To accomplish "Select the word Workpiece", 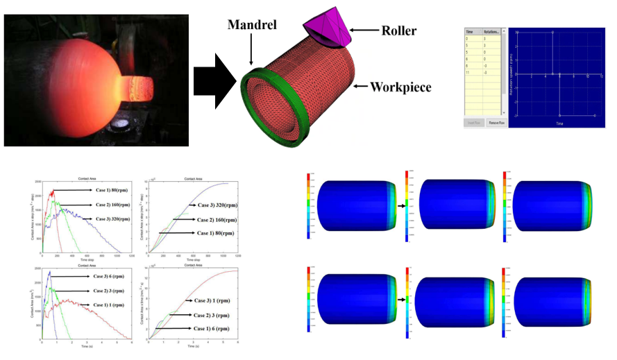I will coord(400,87).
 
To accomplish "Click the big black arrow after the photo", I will coord(211,80).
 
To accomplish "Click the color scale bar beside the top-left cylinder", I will coord(307,207).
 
